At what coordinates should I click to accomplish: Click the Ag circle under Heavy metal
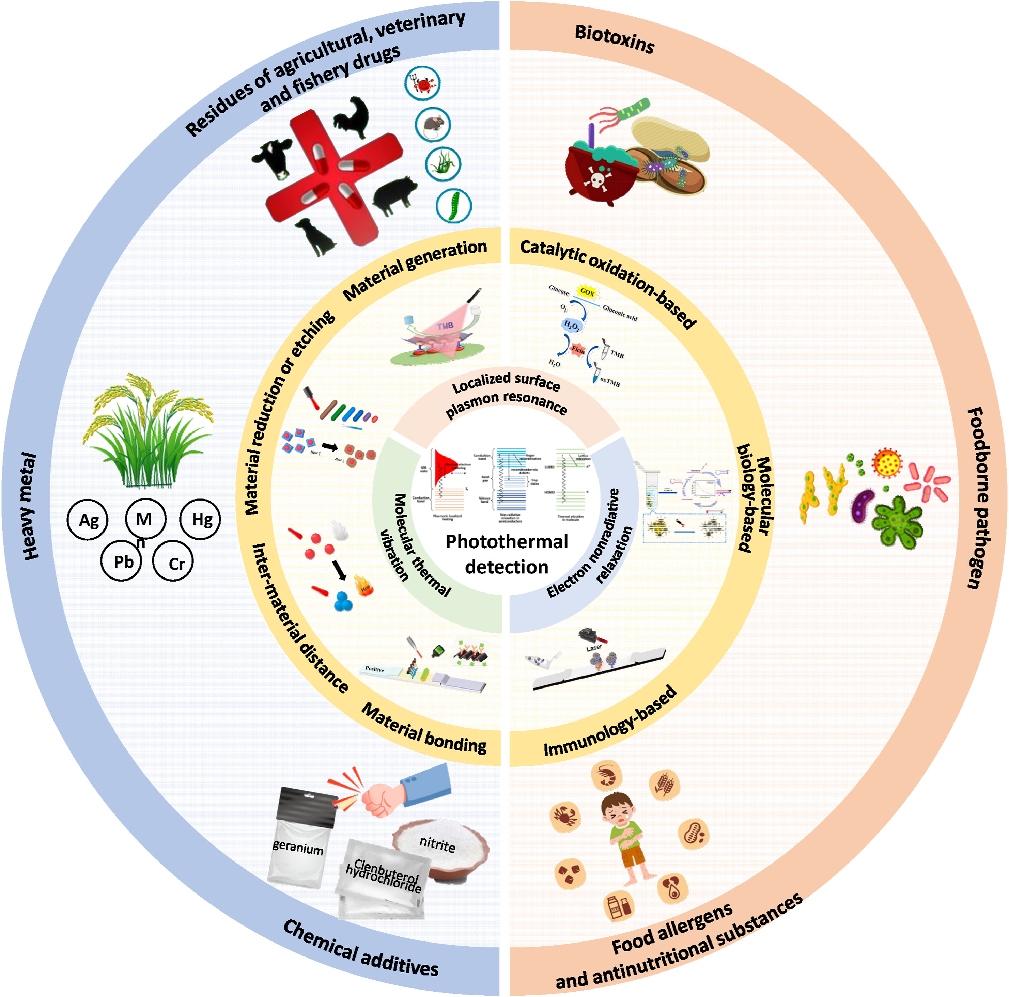(88, 520)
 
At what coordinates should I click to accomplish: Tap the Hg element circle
(202, 519)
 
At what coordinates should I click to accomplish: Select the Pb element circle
(122, 561)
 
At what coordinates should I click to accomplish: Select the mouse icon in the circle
(433, 125)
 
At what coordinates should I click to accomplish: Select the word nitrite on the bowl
(437, 844)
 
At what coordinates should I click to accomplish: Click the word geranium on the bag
(298, 847)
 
